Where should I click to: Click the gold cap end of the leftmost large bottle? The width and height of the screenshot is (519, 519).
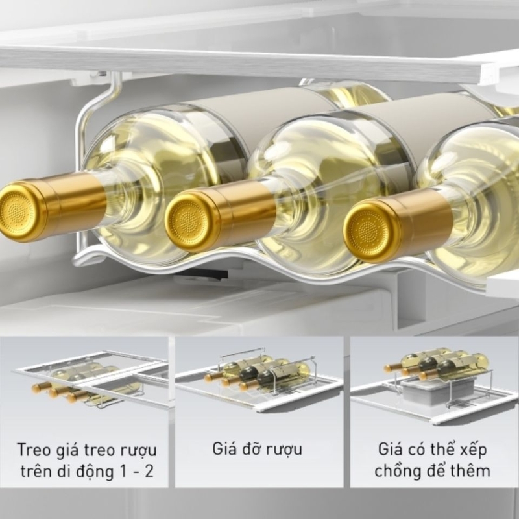(19, 212)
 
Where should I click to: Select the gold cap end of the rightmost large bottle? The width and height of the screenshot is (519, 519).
(368, 233)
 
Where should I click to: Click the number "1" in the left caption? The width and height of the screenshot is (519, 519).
(121, 472)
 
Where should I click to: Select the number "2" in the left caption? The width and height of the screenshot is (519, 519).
(149, 472)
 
